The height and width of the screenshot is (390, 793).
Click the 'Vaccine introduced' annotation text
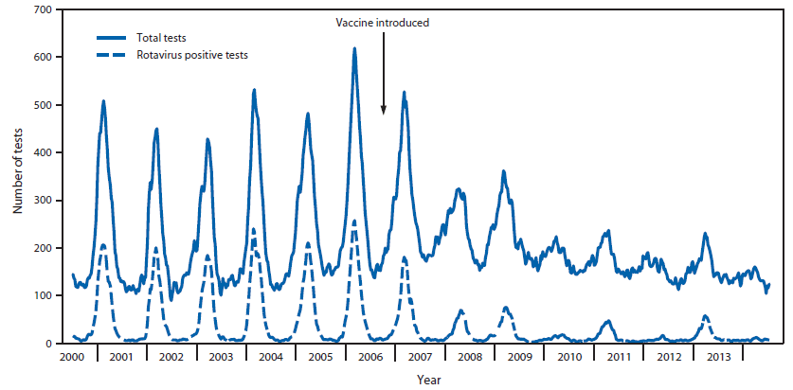(x=383, y=23)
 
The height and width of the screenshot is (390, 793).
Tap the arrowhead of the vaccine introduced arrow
(x=384, y=111)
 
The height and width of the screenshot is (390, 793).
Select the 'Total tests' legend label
(x=160, y=38)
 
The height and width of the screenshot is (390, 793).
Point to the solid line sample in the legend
(x=112, y=38)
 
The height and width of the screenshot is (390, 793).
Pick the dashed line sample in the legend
(x=112, y=55)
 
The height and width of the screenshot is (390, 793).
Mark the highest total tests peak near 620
(x=354, y=48)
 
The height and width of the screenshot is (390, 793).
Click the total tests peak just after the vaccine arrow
(x=404, y=93)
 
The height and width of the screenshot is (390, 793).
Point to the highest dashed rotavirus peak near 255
(x=354, y=222)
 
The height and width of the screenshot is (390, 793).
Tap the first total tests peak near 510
(x=103, y=100)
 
